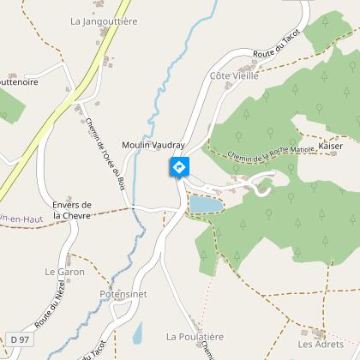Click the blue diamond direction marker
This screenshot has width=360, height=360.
click(x=179, y=167)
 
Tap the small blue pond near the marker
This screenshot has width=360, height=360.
click(x=205, y=204)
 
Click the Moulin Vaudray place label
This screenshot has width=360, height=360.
click(x=153, y=145)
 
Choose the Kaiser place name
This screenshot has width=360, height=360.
click(x=330, y=147)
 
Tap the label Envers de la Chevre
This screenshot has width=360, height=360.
click(x=72, y=210)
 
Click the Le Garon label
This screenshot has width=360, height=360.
click(x=62, y=271)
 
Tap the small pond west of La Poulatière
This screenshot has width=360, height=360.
click(x=138, y=333)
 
